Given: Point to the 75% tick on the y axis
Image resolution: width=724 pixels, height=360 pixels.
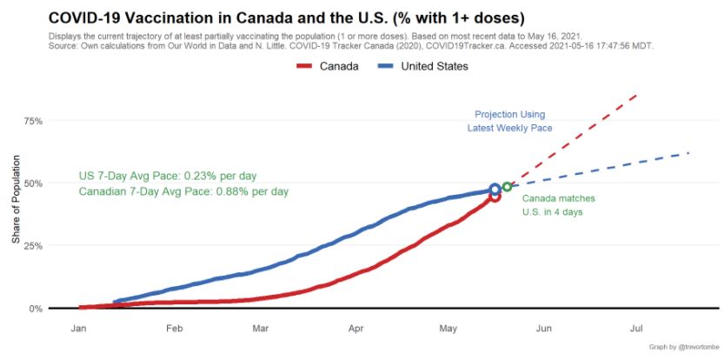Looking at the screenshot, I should [x=32, y=121].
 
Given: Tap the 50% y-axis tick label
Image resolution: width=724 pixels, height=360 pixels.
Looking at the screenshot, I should [x=32, y=183].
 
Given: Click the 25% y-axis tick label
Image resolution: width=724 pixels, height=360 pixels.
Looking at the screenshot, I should [x=32, y=246].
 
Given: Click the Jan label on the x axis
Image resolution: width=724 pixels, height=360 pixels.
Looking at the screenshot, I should [x=78, y=329].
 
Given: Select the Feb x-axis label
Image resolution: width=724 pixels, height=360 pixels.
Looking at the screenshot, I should [x=174, y=329].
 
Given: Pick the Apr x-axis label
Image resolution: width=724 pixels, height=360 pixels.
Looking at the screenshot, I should [x=355, y=329].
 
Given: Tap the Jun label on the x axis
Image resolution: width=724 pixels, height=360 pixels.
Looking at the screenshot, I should [x=543, y=329].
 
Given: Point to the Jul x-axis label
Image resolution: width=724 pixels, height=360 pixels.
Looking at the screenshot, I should [x=636, y=329].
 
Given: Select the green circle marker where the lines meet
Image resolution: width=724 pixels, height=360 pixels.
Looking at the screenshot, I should [x=507, y=186].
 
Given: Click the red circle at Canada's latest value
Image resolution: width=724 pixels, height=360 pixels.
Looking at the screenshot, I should [x=495, y=197].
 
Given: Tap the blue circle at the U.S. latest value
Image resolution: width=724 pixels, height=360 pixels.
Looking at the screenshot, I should [x=495, y=189].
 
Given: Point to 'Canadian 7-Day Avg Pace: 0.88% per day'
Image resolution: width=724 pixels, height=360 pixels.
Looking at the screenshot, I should [x=183, y=191].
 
